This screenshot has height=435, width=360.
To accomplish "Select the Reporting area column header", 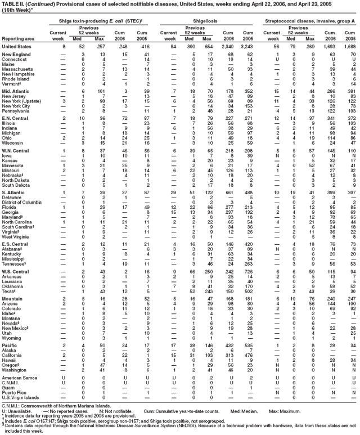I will click(x=20, y=38).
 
